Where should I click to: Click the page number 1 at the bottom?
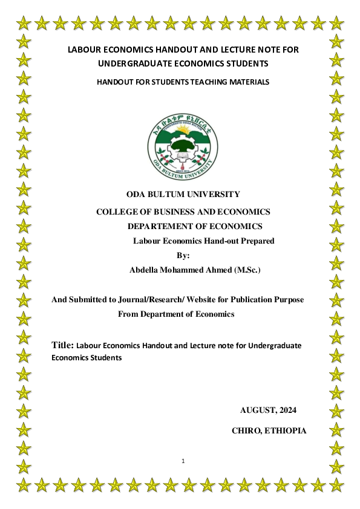tap(183, 462)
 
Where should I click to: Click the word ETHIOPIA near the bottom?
tap(285, 431)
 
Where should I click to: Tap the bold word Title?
tap(63, 345)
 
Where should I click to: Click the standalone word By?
tap(183, 255)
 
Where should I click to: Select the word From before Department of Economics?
tap(128, 314)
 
